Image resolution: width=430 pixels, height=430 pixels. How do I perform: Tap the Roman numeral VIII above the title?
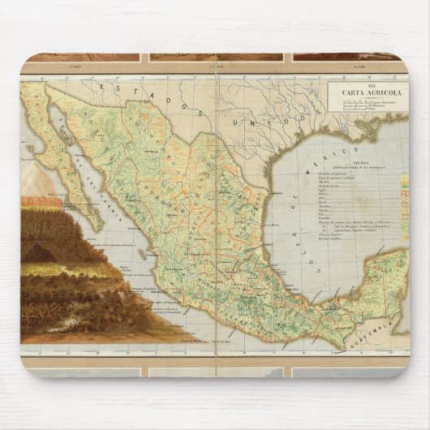click(363, 84)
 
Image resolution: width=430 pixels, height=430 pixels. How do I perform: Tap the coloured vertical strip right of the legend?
click(403, 213)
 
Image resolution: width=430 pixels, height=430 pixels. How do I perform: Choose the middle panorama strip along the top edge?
click(215, 58)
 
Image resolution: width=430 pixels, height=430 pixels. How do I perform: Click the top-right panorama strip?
click(347, 58)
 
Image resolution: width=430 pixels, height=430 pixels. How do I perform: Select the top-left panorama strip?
click(81, 58)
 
